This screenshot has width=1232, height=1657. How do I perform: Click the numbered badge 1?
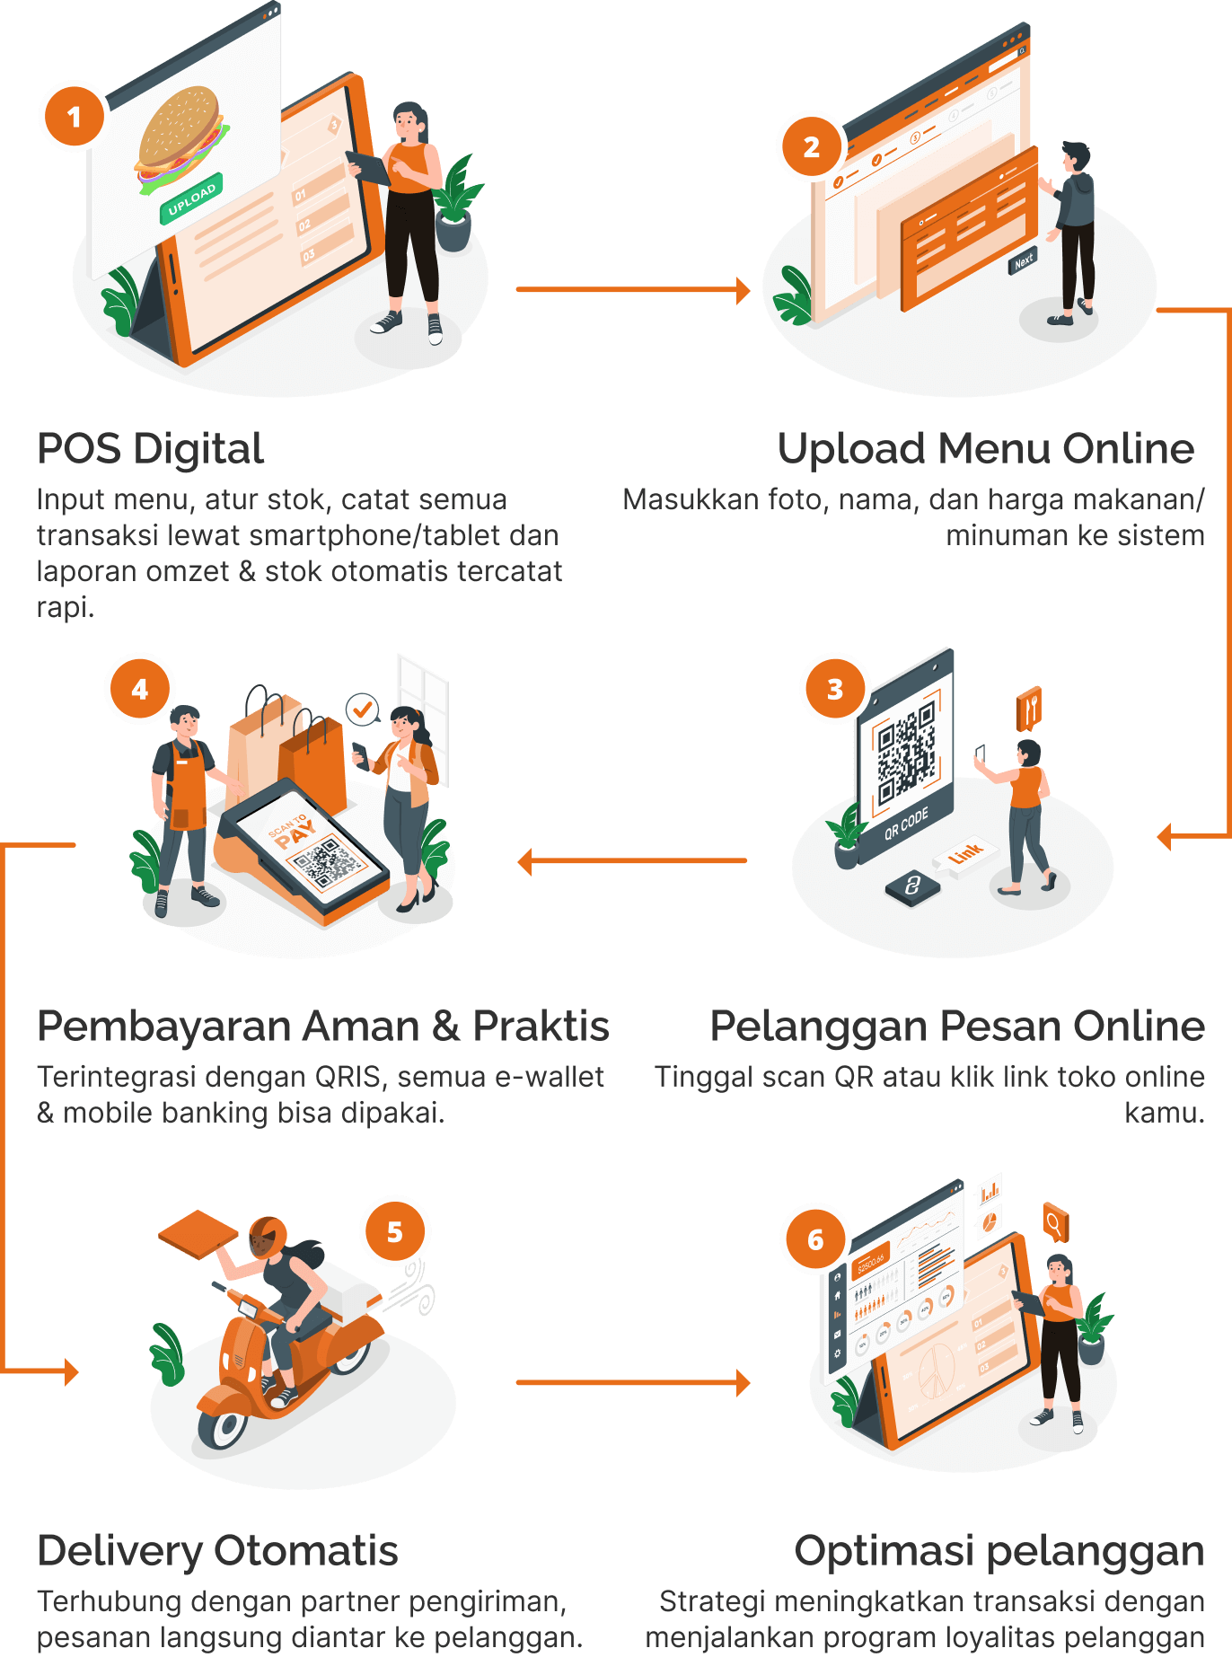pyautogui.click(x=74, y=116)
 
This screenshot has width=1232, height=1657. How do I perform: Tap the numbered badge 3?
pyautogui.click(x=835, y=689)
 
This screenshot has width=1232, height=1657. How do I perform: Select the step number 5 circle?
pyautogui.click(x=395, y=1232)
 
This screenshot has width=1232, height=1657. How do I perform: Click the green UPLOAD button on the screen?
pyautogui.click(x=191, y=198)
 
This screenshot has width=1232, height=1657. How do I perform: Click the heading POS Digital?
pyautogui.click(x=151, y=448)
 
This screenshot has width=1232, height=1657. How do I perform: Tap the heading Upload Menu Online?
pyautogui.click(x=985, y=448)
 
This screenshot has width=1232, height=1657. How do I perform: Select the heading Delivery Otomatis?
pyautogui.click(x=217, y=1551)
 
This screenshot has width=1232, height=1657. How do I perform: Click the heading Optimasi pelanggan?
pyautogui.click(x=999, y=1551)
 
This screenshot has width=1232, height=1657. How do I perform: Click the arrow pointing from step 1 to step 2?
pyautogui.click(x=632, y=290)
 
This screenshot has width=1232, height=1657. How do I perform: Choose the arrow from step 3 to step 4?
pyautogui.click(x=632, y=861)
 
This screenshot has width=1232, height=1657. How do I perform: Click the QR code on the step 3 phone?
pyautogui.click(x=907, y=753)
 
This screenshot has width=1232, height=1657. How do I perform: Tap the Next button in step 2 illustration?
pyautogui.click(x=1024, y=260)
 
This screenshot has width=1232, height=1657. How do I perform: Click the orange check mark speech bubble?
pyautogui.click(x=363, y=710)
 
